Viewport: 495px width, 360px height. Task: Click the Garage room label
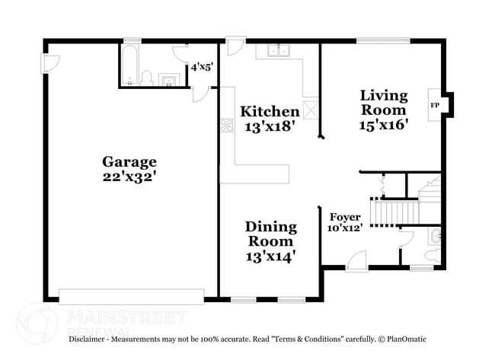coord(129,161)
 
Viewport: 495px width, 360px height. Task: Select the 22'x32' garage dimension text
coord(129,177)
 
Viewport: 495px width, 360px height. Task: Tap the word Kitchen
coord(270,112)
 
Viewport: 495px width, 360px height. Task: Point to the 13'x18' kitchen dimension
coord(270,128)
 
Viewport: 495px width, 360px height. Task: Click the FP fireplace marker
coord(435,105)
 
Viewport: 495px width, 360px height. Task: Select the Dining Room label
coord(270,234)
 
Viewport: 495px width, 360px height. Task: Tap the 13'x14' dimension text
coord(270,256)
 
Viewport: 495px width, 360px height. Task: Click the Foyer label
coord(344,217)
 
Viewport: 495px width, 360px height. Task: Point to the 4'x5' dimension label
coord(202,67)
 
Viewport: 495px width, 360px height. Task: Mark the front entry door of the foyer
coord(355,263)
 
